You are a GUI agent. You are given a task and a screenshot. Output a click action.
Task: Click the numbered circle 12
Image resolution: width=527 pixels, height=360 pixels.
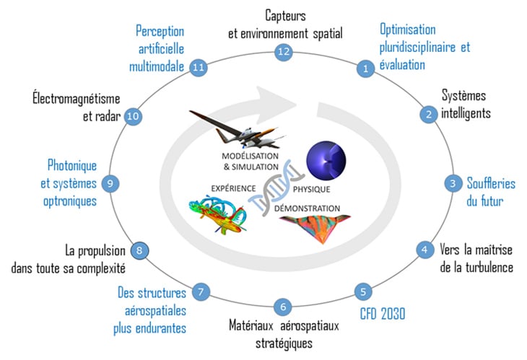tap(282, 51)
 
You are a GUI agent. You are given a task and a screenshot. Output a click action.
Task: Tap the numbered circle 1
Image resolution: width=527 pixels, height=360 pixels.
tap(365, 69)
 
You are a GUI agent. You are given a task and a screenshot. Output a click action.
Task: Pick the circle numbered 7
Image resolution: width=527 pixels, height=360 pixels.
tap(203, 292)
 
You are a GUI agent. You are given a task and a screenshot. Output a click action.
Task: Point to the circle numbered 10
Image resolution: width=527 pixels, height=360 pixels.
tap(132, 115)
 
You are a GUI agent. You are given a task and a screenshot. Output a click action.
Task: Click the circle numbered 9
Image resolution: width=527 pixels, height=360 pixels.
tap(110, 183)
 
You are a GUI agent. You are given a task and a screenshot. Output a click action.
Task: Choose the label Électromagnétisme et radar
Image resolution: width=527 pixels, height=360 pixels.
tap(76, 107)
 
